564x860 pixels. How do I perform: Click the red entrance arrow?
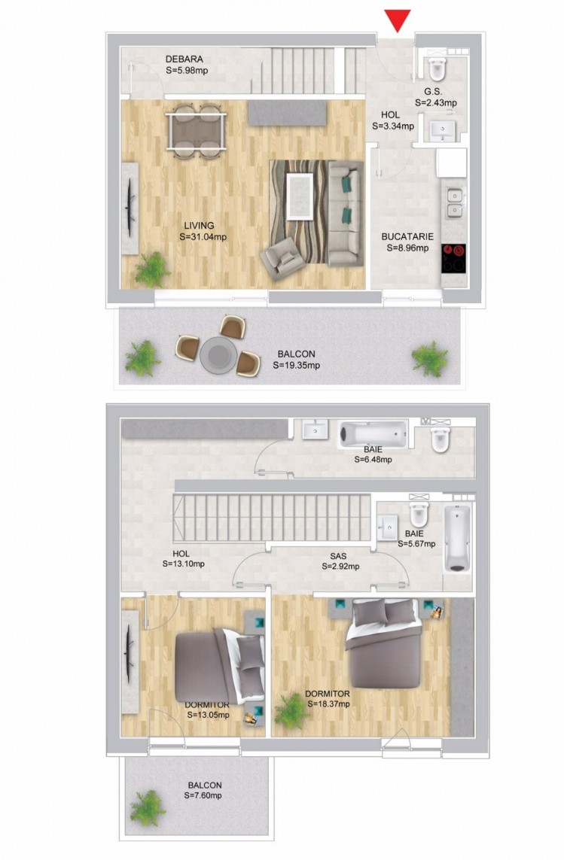click(398, 20)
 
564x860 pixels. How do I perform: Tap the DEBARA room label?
click(184, 59)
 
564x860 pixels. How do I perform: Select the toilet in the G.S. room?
click(438, 68)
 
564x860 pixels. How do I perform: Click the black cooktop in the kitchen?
click(453, 258)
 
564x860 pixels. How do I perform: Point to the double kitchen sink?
click(454, 203)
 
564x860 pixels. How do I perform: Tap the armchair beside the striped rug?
click(282, 258)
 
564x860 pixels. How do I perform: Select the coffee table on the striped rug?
click(300, 196)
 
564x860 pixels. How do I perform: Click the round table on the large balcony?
click(218, 355)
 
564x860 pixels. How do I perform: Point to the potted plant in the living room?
click(151, 269)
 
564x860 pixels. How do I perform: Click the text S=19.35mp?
click(297, 365)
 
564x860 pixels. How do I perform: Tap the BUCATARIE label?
click(407, 236)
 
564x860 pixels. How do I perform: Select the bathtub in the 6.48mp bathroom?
click(373, 433)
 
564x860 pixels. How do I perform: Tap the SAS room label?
click(338, 556)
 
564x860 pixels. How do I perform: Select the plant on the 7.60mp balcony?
click(147, 808)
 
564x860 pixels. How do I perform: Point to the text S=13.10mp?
click(184, 564)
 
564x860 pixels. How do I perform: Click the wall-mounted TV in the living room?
click(130, 208)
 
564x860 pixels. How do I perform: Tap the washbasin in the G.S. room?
click(443, 130)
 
